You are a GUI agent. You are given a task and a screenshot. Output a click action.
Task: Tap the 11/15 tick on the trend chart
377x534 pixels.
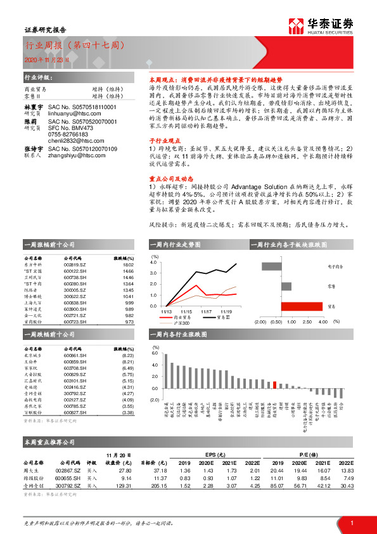pos(186,312)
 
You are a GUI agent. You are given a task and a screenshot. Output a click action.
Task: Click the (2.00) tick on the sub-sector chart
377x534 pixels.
pos(260,322)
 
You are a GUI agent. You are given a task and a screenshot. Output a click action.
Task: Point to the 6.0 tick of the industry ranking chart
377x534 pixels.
pos(155,351)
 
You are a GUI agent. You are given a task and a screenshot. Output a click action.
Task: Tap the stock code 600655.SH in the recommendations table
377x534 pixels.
pos(67,477)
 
